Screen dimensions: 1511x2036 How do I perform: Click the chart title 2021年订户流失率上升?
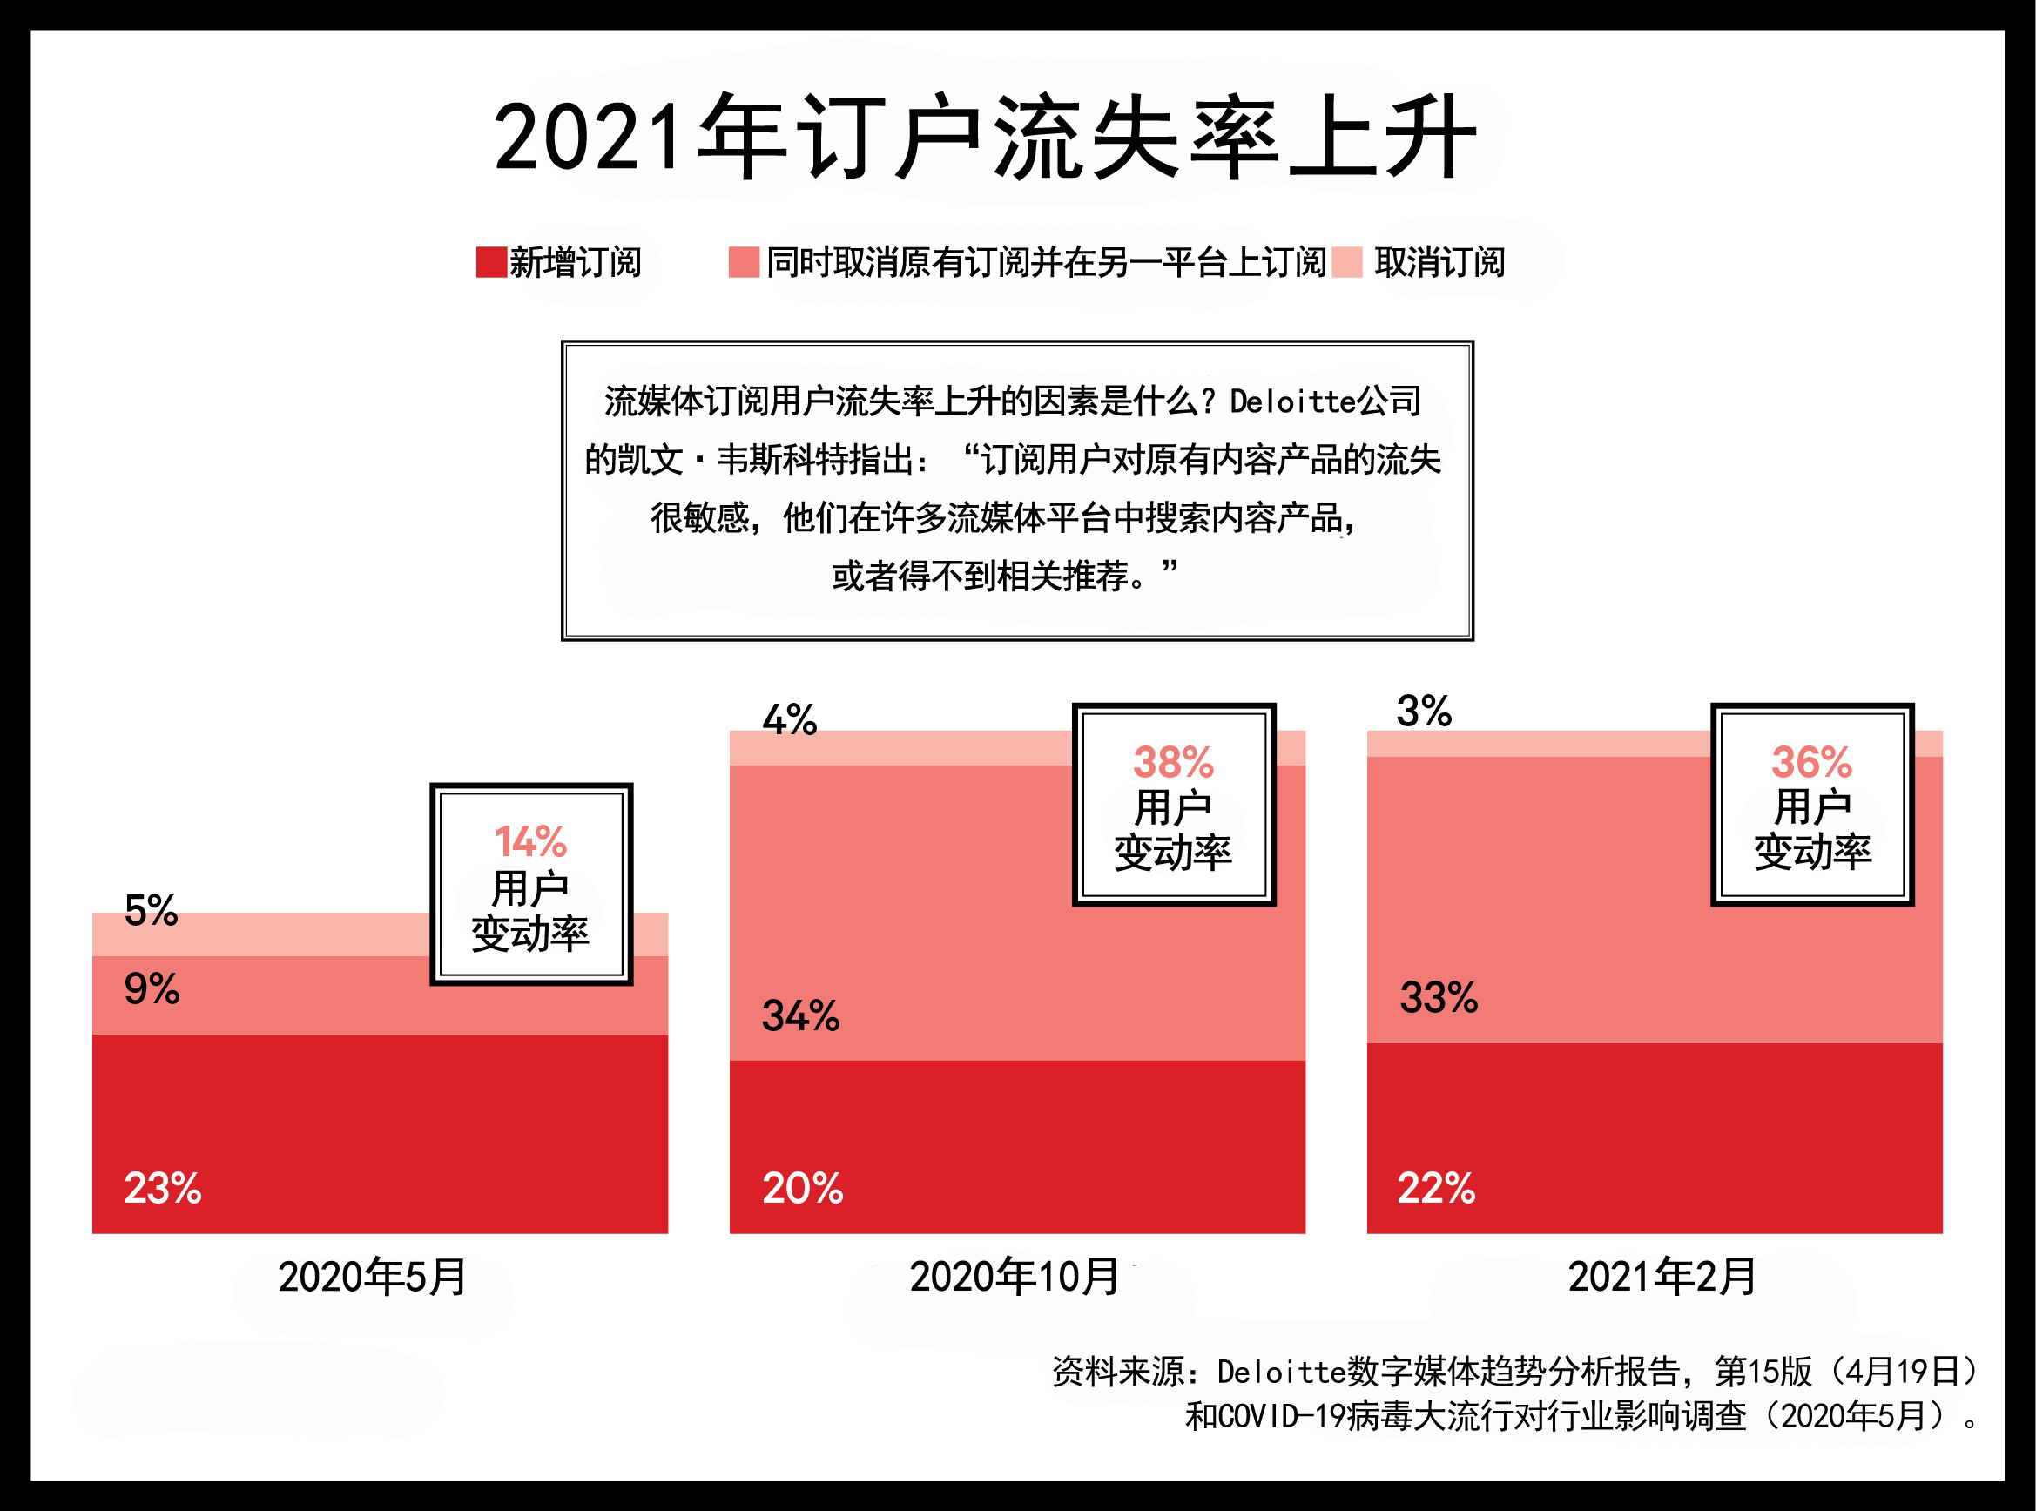(x=984, y=138)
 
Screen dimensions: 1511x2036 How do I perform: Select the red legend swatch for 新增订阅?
(x=491, y=261)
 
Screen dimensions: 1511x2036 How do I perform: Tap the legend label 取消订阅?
(x=1439, y=262)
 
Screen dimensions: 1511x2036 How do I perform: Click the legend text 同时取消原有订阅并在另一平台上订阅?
(x=1046, y=262)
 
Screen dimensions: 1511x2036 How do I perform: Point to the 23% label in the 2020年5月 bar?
(x=163, y=1188)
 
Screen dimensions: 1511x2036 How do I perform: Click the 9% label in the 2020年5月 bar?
(x=152, y=988)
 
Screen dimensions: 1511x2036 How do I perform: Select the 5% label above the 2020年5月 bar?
(x=151, y=910)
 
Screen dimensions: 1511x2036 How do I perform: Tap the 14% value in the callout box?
(x=530, y=841)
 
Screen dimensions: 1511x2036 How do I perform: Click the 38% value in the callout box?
(x=1173, y=762)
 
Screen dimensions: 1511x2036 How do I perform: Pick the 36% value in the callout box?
(x=1811, y=762)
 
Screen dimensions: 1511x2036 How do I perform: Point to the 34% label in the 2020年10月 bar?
(x=800, y=1015)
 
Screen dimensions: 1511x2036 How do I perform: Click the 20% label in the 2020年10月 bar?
(x=802, y=1188)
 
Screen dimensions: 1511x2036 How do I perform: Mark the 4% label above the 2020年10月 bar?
(x=789, y=720)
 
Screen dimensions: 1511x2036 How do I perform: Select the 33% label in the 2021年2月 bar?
(x=1438, y=997)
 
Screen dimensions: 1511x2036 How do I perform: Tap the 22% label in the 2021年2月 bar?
(x=1436, y=1188)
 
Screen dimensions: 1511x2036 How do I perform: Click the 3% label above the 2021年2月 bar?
(x=1423, y=711)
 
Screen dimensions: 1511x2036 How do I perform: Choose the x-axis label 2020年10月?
(x=1014, y=1277)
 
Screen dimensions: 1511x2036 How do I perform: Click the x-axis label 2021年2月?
(x=1661, y=1277)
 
